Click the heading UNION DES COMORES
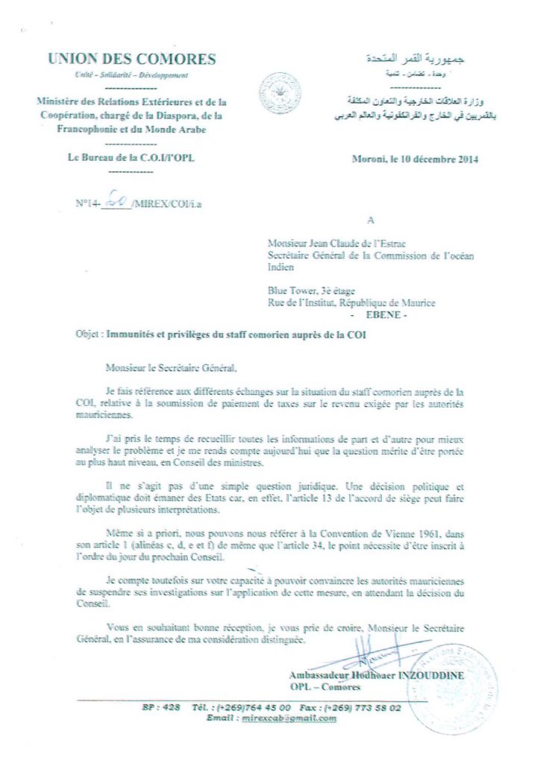point(132,60)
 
